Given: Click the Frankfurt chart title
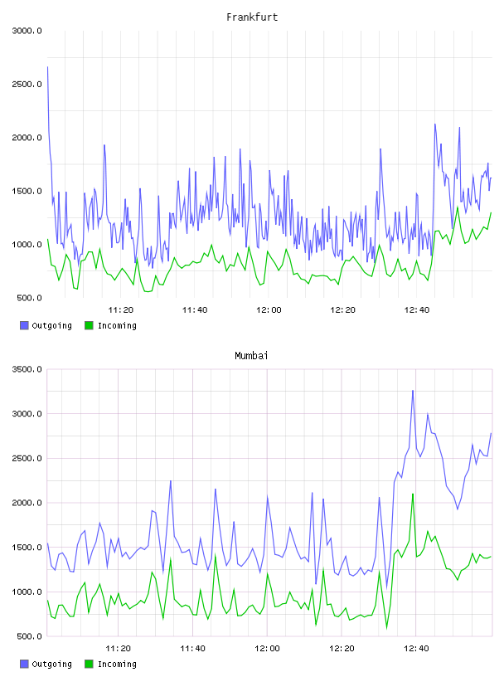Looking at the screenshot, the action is click(x=252, y=17).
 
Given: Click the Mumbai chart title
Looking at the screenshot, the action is click(x=251, y=356).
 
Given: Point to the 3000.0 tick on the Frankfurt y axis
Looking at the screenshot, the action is click(x=27, y=31).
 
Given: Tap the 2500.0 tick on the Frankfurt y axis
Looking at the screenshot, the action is click(x=27, y=84).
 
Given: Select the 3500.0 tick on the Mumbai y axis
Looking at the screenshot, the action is click(x=27, y=369).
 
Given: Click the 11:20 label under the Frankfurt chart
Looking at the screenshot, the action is click(x=120, y=309).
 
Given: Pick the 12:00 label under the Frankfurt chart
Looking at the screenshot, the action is click(x=269, y=309).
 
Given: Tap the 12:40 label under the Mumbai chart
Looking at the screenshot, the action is click(x=416, y=648).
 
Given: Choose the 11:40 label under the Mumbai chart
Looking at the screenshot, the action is click(x=192, y=648).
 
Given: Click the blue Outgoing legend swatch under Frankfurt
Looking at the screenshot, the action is click(x=24, y=325).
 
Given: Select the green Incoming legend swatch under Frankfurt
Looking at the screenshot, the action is click(x=89, y=325).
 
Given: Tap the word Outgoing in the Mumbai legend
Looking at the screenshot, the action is click(x=51, y=664).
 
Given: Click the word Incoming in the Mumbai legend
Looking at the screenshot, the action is click(x=117, y=664).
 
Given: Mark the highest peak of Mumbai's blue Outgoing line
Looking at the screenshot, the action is click(x=413, y=391).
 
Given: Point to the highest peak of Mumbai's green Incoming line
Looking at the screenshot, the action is click(x=413, y=494).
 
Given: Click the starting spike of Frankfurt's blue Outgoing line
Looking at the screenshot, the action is click(x=47, y=67).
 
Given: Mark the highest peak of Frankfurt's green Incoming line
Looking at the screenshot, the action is click(x=458, y=207).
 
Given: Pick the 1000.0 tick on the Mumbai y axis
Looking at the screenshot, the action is click(x=27, y=592).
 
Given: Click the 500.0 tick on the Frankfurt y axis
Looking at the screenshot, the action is click(x=29, y=298).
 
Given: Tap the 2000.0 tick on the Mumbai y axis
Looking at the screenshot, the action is click(x=27, y=503).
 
